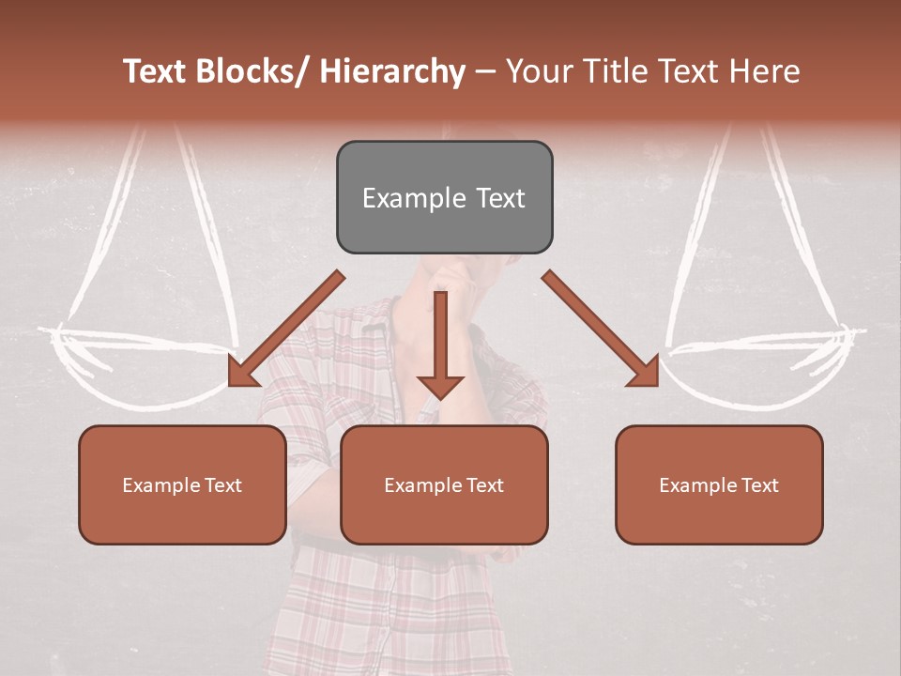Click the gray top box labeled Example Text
pyautogui.click(x=444, y=197)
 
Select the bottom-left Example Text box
pyautogui.click(x=182, y=484)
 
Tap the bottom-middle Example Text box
pyautogui.click(x=444, y=484)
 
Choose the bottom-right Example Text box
pyautogui.click(x=719, y=484)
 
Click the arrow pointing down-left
pyautogui.click(x=286, y=329)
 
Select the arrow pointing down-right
pyautogui.click(x=601, y=329)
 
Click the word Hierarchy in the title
pyautogui.click(x=391, y=72)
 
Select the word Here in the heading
pyautogui.click(x=766, y=72)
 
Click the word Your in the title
pyautogui.click(x=538, y=72)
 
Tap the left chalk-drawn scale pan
pyautogui.click(x=141, y=361)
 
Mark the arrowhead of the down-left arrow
pyautogui.click(x=242, y=373)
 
